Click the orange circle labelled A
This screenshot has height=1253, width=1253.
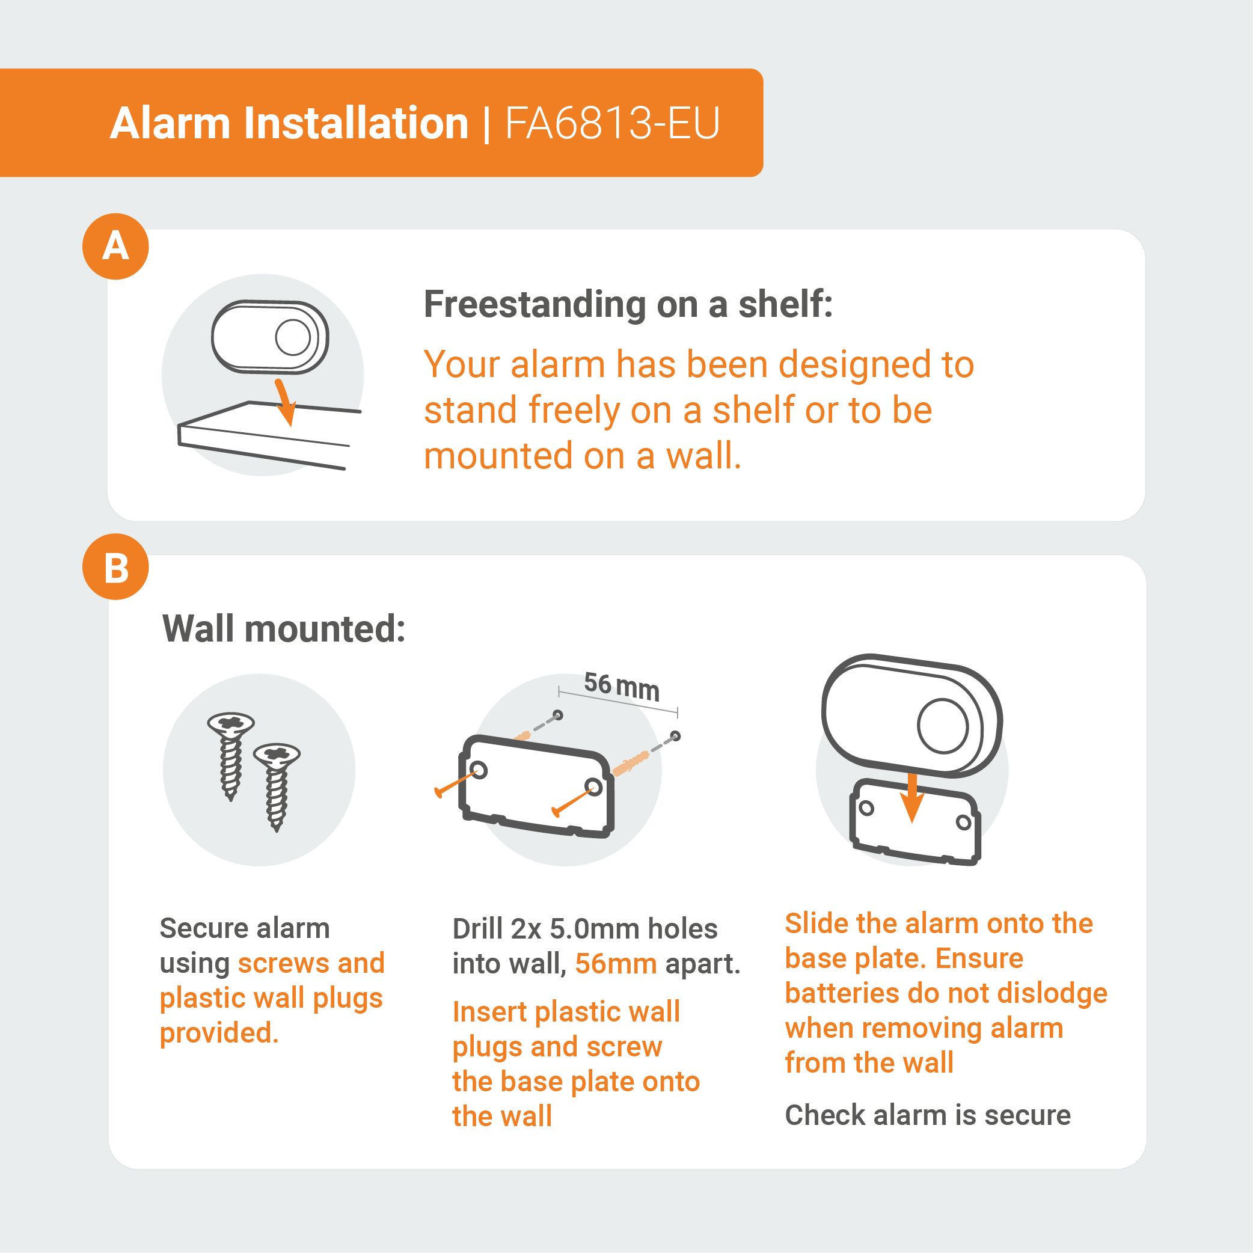coord(115,247)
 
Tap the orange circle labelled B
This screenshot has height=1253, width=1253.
coord(115,568)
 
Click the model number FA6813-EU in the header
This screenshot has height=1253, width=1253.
coord(612,123)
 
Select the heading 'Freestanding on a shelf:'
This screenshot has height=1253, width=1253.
coord(628,304)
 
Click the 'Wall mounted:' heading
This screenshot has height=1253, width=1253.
coord(283,628)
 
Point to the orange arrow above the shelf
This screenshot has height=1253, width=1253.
coord(285,402)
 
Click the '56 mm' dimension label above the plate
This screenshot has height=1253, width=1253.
coord(621,686)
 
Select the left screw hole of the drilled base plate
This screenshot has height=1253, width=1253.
coord(480,770)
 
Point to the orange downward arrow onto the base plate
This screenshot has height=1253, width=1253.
coord(912,797)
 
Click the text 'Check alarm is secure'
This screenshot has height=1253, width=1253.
coord(928,1115)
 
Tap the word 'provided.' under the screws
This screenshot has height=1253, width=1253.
coord(219,1034)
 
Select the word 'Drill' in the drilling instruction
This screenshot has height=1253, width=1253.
coord(478,929)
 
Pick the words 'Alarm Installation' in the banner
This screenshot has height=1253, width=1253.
coord(289,123)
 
